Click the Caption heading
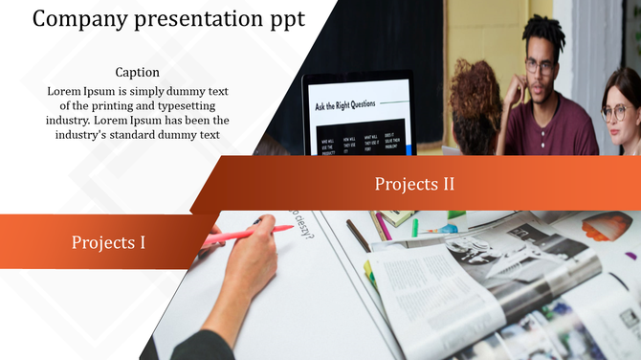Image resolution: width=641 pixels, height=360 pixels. (x=137, y=72)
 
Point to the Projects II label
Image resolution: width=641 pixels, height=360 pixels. (x=413, y=184)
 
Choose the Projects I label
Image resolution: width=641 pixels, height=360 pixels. (x=108, y=242)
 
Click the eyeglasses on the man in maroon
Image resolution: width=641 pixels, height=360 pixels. (x=541, y=66)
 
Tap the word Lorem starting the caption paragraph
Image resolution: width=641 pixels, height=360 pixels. (x=66, y=91)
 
